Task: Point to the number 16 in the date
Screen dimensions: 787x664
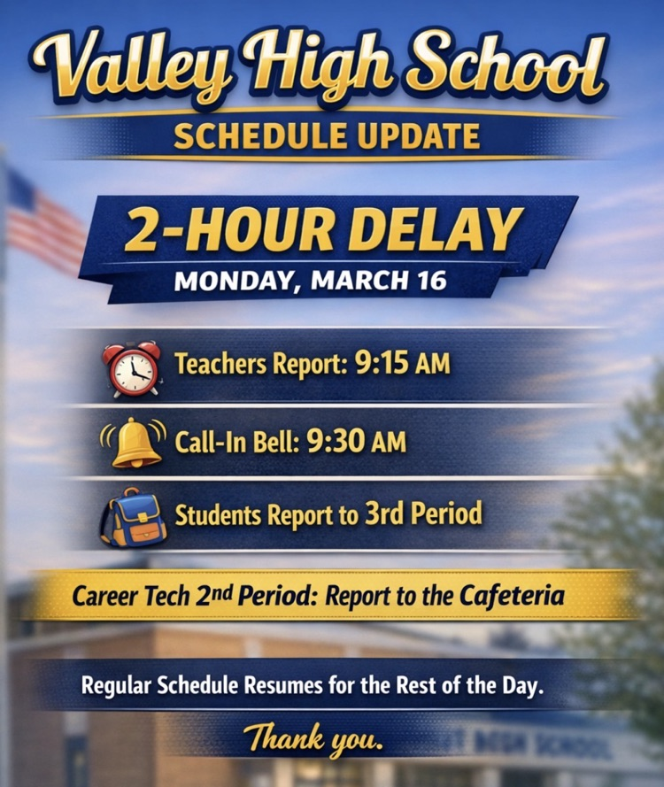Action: pyautogui.click(x=425, y=282)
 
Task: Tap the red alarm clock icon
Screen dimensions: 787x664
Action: pyautogui.click(x=132, y=368)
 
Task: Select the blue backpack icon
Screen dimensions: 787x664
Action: pyautogui.click(x=132, y=517)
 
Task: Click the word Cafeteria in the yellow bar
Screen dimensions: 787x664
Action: pyautogui.click(x=510, y=596)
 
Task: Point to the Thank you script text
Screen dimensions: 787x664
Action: pyautogui.click(x=314, y=737)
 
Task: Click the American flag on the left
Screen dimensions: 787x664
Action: pyautogui.click(x=44, y=221)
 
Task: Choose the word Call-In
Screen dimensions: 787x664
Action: pyautogui.click(x=206, y=441)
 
